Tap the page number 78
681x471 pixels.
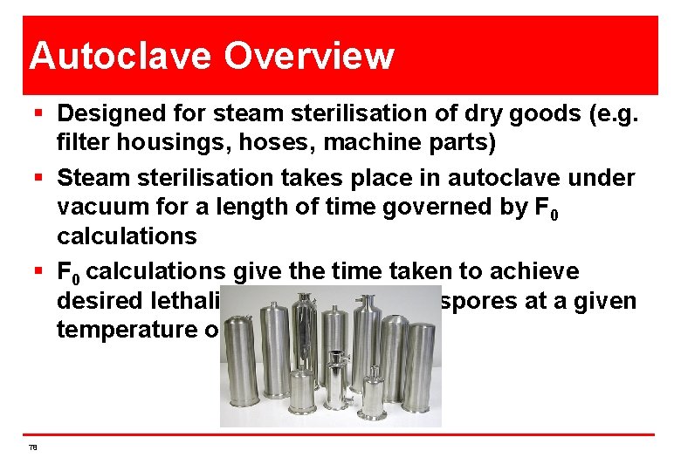[32, 447]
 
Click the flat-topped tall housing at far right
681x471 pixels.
[419, 371]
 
